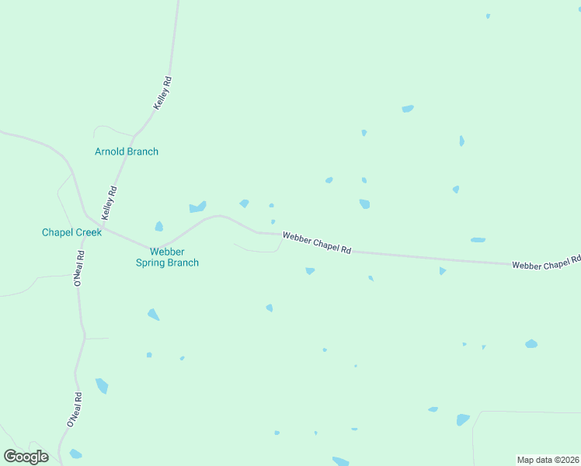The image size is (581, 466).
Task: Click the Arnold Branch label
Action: click(x=126, y=151)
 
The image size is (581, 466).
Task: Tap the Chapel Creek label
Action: click(x=71, y=232)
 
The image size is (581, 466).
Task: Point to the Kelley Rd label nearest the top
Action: click(x=162, y=92)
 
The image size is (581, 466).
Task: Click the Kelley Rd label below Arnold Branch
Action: click(x=110, y=202)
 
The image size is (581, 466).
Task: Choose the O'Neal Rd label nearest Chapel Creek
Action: click(x=78, y=269)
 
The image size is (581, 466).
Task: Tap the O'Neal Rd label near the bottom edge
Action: click(x=75, y=410)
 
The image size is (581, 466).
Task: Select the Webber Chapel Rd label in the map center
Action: click(x=317, y=242)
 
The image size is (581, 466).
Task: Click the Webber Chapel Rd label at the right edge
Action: click(x=546, y=263)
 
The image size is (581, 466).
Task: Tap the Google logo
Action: click(x=26, y=457)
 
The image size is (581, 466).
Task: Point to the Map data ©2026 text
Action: click(x=548, y=460)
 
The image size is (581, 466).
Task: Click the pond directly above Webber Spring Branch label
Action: click(x=158, y=227)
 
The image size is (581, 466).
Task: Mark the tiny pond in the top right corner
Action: click(x=488, y=16)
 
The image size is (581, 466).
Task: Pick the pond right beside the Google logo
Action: click(x=75, y=454)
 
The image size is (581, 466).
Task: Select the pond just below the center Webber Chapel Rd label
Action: click(x=310, y=271)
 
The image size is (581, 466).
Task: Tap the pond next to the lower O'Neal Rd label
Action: click(x=102, y=386)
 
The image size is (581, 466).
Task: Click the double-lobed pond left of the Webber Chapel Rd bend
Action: click(x=197, y=207)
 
